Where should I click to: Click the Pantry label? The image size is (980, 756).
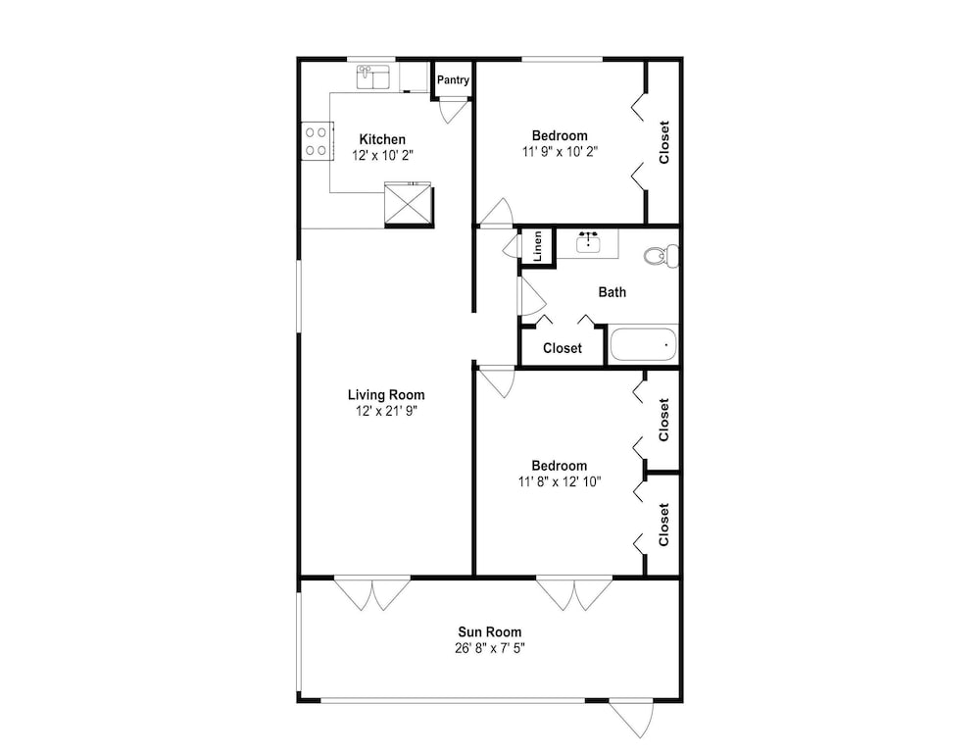click(453, 80)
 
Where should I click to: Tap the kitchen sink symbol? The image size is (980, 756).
click(373, 76)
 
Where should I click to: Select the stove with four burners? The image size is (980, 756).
click(317, 140)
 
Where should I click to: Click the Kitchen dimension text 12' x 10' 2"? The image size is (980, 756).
click(382, 155)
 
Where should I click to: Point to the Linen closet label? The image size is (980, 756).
click(537, 246)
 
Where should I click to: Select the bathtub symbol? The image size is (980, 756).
click(643, 344)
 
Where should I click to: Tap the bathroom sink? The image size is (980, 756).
click(587, 242)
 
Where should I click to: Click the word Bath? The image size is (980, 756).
click(612, 292)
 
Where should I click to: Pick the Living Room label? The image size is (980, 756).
click(386, 394)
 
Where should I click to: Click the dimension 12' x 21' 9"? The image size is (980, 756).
click(386, 411)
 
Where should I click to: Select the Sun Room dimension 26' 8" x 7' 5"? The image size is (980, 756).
click(490, 648)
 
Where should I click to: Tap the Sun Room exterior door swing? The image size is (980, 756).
click(632, 718)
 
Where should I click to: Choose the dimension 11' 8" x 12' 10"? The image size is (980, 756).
click(560, 481)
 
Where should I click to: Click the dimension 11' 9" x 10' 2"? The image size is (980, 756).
click(560, 151)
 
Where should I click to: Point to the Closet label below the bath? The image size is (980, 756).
click(563, 348)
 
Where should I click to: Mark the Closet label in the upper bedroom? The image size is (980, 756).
click(663, 142)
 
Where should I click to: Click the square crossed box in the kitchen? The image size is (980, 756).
click(408, 203)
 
